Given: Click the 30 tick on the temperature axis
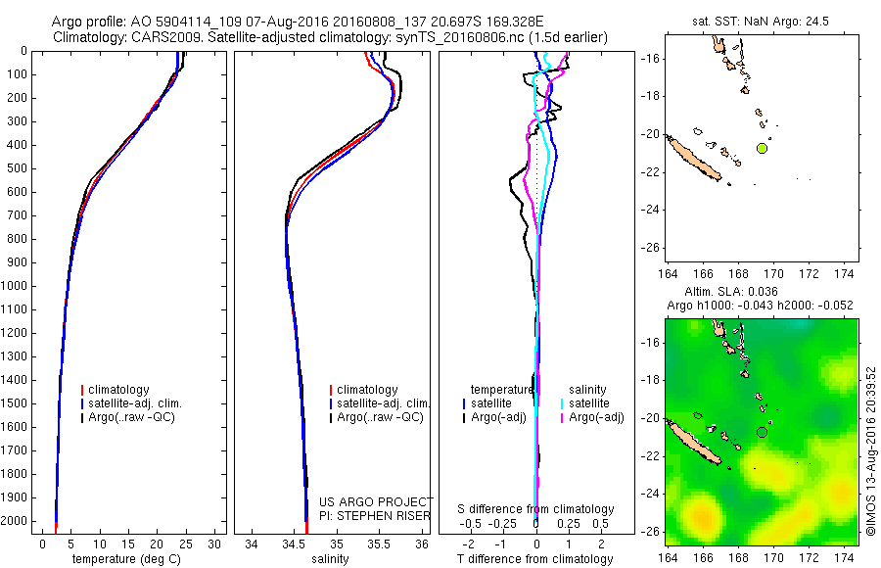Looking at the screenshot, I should [214, 544].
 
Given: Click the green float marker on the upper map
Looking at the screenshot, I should [762, 148].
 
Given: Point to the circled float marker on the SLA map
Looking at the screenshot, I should [762, 432].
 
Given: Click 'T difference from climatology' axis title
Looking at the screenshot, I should [535, 559].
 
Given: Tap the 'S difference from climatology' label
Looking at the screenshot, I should [535, 509].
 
